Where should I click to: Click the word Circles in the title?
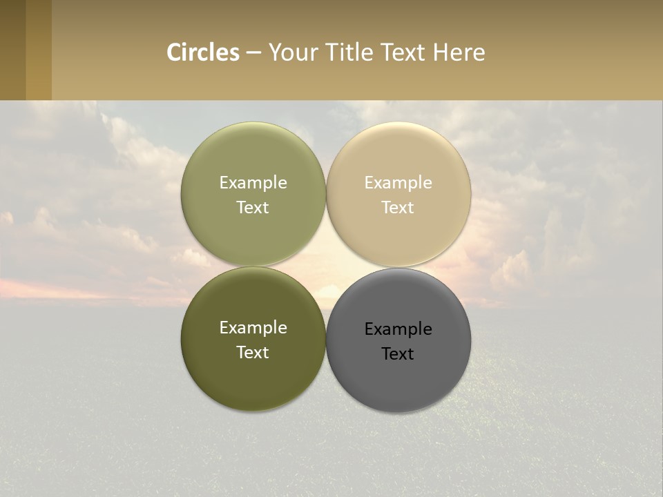202,52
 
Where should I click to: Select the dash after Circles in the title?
253,53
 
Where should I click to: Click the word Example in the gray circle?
398,329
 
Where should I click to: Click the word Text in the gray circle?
398,354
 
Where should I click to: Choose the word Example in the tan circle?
398,183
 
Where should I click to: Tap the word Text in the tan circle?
398,208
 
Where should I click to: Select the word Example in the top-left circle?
253,183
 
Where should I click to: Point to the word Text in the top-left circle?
253,208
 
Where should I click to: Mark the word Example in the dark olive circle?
253,328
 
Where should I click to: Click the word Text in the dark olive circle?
253,353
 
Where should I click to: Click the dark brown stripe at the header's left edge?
12,50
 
